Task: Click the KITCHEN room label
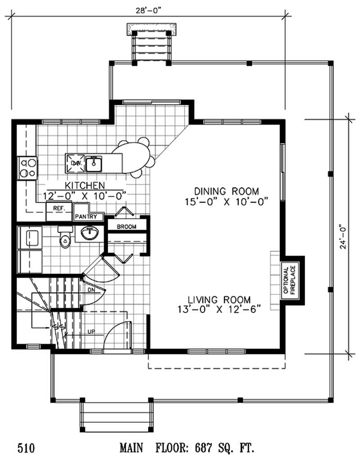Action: (x=85, y=185)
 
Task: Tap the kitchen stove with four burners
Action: (x=27, y=167)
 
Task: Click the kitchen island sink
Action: (x=94, y=163)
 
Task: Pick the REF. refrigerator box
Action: (x=59, y=209)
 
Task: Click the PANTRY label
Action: (x=89, y=217)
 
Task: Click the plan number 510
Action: (x=26, y=448)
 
